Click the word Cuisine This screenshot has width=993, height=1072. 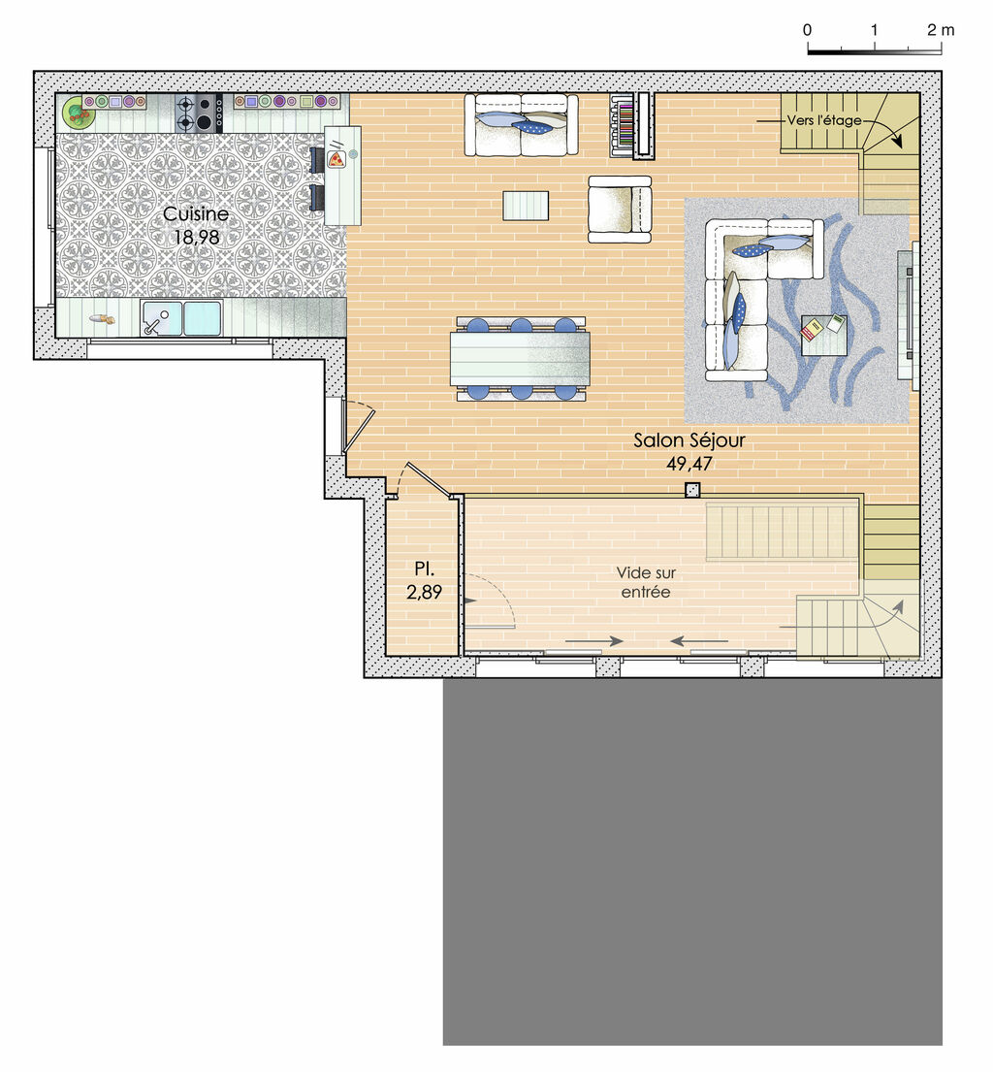click(196, 213)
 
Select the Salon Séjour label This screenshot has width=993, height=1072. click(689, 440)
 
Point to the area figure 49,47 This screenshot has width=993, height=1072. click(689, 463)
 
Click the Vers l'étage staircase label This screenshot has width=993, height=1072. click(824, 120)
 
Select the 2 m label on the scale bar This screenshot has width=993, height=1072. click(941, 30)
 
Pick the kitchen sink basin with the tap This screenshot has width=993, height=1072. click(162, 317)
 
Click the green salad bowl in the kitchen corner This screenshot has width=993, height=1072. click(78, 114)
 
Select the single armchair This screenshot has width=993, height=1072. click(619, 209)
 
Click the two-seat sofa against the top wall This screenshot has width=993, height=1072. click(521, 124)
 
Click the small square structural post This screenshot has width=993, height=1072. click(692, 490)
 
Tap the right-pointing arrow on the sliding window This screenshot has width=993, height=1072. click(593, 641)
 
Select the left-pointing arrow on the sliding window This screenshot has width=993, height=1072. click(698, 641)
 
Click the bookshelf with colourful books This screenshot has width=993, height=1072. click(632, 124)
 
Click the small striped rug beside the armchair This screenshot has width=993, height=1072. click(526, 206)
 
